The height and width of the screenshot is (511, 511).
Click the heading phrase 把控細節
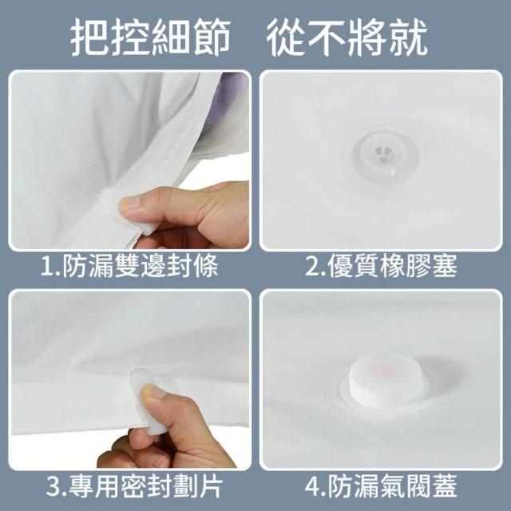[151, 38]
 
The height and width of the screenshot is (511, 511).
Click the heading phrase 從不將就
[347, 38]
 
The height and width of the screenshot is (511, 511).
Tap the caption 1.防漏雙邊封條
[129, 266]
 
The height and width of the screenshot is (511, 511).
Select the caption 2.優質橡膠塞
[381, 266]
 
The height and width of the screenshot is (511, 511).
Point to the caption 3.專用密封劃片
[134, 485]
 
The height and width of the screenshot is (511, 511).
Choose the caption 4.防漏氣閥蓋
[381, 485]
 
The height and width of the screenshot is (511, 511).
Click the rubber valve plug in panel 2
[382, 153]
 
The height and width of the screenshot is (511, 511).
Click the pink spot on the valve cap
[387, 369]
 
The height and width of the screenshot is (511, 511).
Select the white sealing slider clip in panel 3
[147, 401]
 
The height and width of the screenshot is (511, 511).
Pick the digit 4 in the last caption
[312, 486]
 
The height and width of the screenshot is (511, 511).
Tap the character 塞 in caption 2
[445, 266]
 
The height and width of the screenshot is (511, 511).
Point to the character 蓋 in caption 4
[445, 485]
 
